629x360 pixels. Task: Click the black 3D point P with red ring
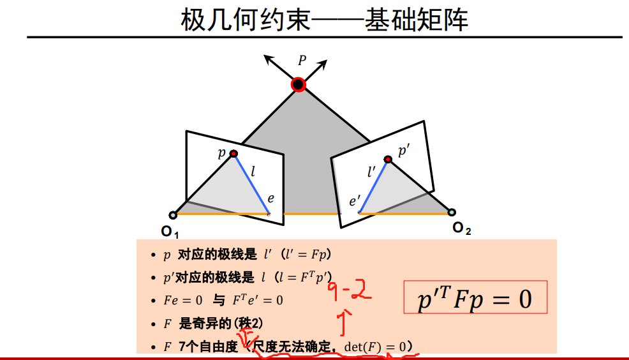tap(298, 84)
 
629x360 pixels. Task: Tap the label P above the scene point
tap(302, 61)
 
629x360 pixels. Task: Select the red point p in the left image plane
tap(233, 154)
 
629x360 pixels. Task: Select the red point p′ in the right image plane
tap(387, 159)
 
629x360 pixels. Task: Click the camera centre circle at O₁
tap(173, 215)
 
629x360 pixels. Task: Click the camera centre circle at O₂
tap(452, 213)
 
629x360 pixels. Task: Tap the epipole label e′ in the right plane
tap(355, 202)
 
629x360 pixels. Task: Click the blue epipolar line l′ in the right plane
tap(373, 186)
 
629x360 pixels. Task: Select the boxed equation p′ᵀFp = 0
tap(475, 298)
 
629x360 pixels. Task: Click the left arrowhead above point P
tap(268, 59)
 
